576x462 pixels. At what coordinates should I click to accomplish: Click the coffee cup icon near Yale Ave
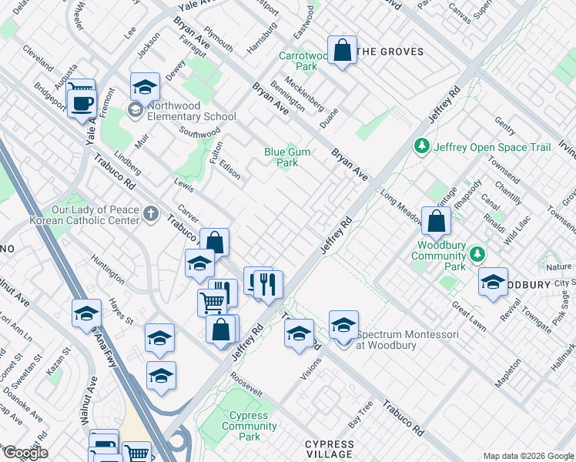[82, 102]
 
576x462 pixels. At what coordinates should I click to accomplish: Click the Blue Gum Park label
[287, 157]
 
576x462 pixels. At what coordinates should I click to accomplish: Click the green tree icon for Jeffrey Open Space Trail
[421, 146]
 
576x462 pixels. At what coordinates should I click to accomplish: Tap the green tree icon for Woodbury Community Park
[477, 253]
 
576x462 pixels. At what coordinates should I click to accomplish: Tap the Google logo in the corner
[25, 453]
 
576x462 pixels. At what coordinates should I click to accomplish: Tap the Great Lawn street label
[468, 316]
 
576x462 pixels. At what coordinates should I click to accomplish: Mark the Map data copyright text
[528, 456]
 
